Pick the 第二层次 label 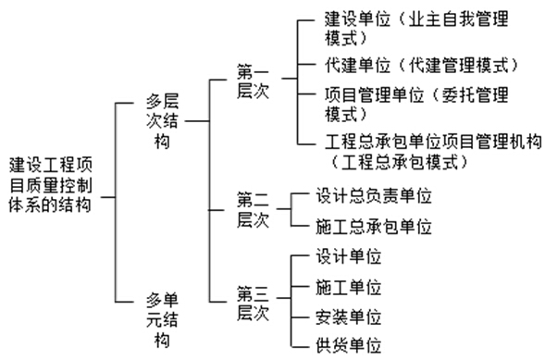pyautogui.click(x=251, y=208)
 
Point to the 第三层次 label pyautogui.click(x=251, y=304)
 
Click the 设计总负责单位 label pyautogui.click(x=373, y=196)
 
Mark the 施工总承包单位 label pyautogui.click(x=373, y=226)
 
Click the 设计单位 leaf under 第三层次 pyautogui.click(x=348, y=256)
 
